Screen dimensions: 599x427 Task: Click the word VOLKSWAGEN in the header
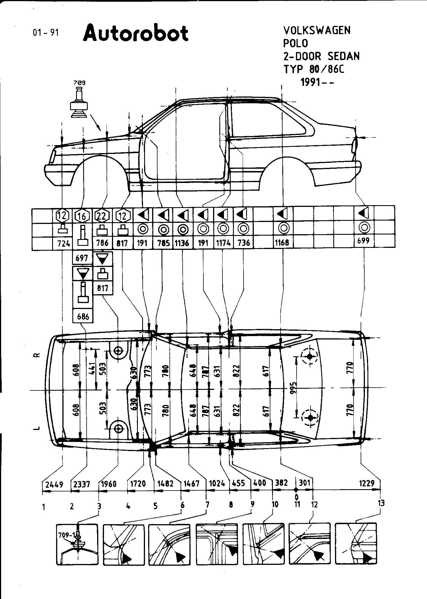click(317, 30)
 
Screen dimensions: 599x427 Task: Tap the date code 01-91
click(46, 33)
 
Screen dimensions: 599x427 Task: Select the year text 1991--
click(317, 82)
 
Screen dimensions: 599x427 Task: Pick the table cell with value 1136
click(182, 243)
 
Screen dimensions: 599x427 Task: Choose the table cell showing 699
click(363, 241)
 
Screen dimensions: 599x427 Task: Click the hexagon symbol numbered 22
click(102, 216)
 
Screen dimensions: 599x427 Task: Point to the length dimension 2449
click(54, 484)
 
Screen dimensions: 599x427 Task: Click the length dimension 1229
click(367, 483)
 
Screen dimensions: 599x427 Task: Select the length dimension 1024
click(217, 483)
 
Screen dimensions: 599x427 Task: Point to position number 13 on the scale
click(381, 503)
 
